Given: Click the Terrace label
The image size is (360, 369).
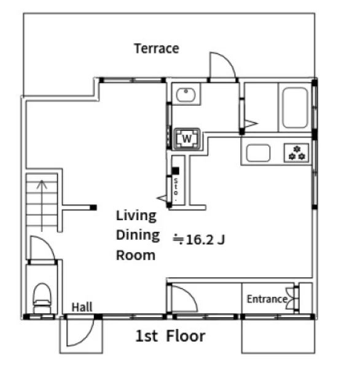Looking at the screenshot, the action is (157, 49).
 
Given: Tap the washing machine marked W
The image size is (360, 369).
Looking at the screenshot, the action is (187, 138).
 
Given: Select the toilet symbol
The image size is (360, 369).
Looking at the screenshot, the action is (42, 298).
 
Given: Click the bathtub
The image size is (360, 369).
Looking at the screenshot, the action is (295, 108).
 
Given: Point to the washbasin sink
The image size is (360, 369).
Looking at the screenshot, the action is (186, 95).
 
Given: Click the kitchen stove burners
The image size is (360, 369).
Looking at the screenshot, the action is (297, 153).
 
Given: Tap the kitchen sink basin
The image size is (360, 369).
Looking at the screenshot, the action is (258, 153).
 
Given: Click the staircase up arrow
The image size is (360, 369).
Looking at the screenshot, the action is (42, 205).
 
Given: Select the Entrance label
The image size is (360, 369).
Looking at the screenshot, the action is (267, 299).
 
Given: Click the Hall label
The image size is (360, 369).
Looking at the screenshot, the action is (82, 307).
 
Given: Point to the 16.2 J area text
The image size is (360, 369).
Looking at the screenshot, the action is (199, 240).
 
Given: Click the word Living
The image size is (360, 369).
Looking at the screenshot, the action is (136, 216).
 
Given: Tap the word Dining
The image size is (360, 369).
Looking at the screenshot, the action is (138, 236).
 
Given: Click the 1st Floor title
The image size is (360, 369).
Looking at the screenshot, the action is (170, 336).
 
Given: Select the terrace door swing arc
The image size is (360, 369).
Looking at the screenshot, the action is (229, 60).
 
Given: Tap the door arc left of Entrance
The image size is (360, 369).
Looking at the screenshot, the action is (189, 294).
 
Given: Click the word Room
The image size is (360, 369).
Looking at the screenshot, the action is (136, 255).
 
